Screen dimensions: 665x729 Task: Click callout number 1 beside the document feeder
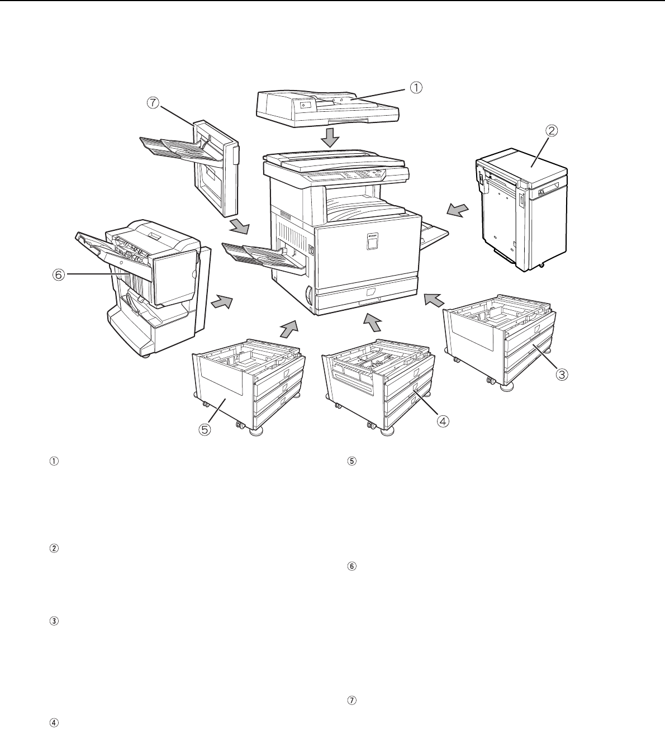[416, 88]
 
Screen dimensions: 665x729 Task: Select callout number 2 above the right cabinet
[552, 130]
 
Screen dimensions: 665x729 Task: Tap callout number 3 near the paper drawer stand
[562, 375]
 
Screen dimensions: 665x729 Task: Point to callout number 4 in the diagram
[443, 421]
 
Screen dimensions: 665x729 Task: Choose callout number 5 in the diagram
[205, 429]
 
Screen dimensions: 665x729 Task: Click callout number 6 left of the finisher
[58, 274]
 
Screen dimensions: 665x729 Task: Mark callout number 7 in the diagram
[153, 103]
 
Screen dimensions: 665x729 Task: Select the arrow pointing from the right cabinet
[458, 210]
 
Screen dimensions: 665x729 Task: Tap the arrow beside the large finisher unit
[222, 302]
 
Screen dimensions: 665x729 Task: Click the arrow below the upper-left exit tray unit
[240, 226]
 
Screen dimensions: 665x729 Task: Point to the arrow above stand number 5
[289, 329]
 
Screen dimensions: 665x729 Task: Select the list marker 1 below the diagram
[54, 461]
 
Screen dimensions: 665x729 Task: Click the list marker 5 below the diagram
[351, 461]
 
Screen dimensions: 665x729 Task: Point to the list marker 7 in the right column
[351, 700]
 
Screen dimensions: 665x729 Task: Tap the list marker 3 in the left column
[54, 621]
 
